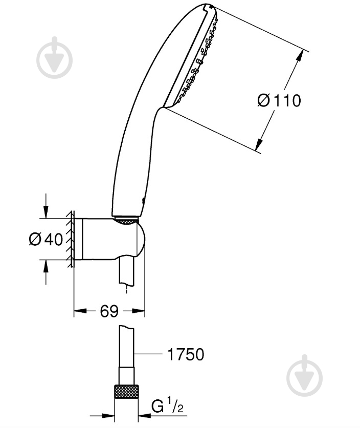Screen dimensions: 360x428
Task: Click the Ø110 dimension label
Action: pyautogui.click(x=279, y=100)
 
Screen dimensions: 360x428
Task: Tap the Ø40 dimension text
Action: pyautogui.click(x=46, y=240)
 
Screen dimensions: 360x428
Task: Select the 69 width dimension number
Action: pyautogui.click(x=109, y=311)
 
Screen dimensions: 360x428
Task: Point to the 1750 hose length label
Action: pyautogui.click(x=186, y=354)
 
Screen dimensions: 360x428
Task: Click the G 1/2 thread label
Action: pyautogui.click(x=167, y=405)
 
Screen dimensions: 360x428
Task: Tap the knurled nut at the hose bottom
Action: pyautogui.click(x=126, y=392)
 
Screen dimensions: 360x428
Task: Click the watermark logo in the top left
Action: pyautogui.click(x=55, y=58)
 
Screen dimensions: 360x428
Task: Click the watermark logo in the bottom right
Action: pyautogui.click(x=305, y=376)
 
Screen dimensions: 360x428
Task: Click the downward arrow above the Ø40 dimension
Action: pyautogui.click(x=46, y=211)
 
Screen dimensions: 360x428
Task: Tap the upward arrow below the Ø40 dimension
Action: pyautogui.click(x=46, y=266)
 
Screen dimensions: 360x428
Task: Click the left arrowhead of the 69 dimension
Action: pyautogui.click(x=80, y=311)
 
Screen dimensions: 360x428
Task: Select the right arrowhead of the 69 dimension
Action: pyautogui.click(x=138, y=311)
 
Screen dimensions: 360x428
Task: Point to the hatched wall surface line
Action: pyautogui.click(x=72, y=239)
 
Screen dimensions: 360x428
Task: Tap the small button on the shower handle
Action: pyautogui.click(x=143, y=201)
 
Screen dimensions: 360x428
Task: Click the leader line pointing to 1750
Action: pyautogui.click(x=148, y=354)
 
